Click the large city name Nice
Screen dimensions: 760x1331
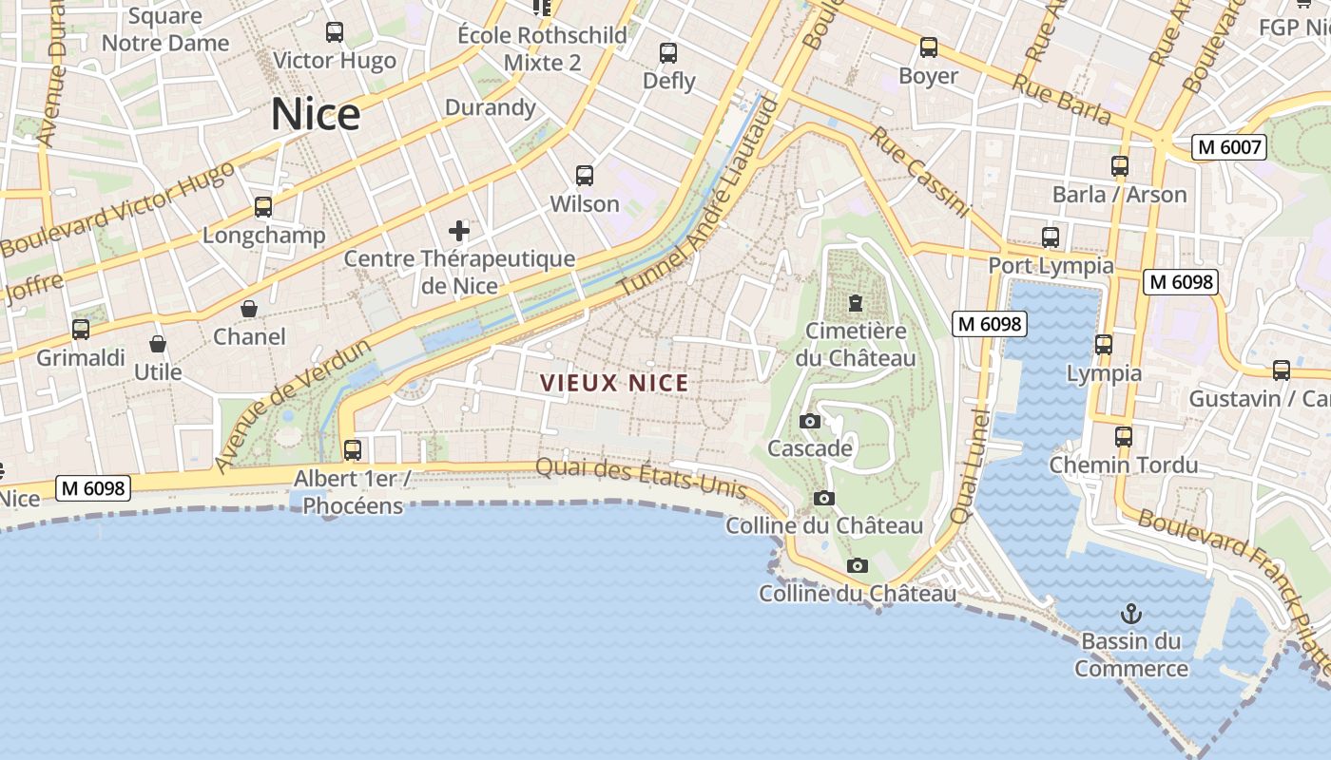[x=316, y=115]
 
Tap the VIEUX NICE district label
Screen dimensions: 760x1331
[x=614, y=384]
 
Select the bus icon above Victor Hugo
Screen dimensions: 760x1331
[x=335, y=32]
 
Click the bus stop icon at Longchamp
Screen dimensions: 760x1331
[x=263, y=207]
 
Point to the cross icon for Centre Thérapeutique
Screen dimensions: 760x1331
[x=459, y=230]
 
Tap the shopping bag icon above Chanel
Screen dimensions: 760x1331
[x=249, y=309]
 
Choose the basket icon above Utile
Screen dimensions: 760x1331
[x=158, y=344]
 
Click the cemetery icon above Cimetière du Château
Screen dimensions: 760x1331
[x=856, y=304]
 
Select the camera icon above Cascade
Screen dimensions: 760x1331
[x=810, y=421]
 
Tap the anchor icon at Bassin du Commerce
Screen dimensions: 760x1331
[x=1131, y=614]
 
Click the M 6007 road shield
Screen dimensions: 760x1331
[x=1229, y=147]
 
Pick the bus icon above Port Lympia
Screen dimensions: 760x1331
[x=1051, y=237]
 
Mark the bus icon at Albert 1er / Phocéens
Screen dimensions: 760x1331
[x=353, y=449]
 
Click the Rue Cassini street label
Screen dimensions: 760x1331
[x=917, y=172]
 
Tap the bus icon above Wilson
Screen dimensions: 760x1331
[x=585, y=176]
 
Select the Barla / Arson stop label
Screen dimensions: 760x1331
[x=1119, y=195]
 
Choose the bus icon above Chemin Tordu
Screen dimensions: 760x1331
[x=1124, y=437]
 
